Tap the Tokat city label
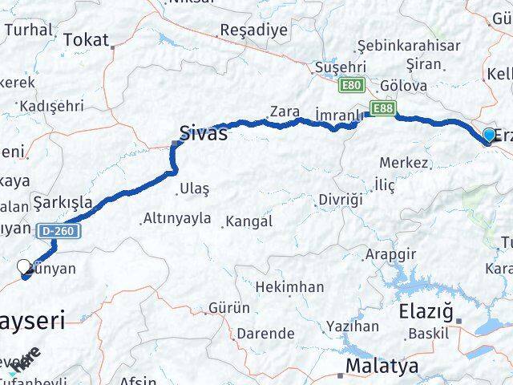86,38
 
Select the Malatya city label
382,367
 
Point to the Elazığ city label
426,310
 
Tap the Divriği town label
341,198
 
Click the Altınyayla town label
176,217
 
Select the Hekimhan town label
290,286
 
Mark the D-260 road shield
55,231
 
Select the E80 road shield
350,83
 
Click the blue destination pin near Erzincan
490,136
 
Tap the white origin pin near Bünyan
24,266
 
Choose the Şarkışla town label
62,201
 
